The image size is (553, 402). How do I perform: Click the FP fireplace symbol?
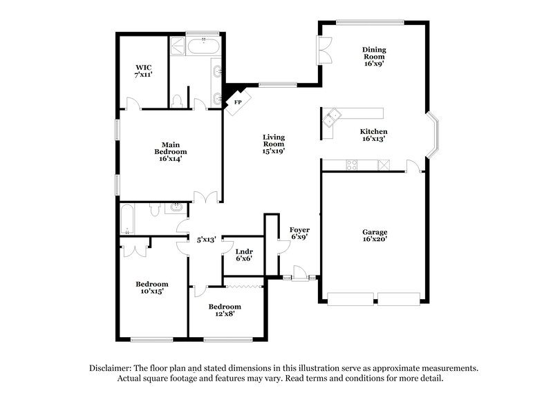(236, 102)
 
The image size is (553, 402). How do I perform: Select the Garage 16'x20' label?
(375, 236)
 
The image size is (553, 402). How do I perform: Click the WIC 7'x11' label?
(143, 70)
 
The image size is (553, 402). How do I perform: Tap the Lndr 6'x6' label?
(244, 254)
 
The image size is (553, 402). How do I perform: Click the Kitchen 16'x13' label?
(373, 135)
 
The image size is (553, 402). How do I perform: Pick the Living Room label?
(274, 144)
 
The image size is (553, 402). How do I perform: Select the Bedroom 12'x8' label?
(225, 310)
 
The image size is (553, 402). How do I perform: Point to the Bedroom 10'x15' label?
(151, 287)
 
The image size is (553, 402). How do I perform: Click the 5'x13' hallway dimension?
(207, 240)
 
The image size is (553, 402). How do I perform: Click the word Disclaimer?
(112, 368)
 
